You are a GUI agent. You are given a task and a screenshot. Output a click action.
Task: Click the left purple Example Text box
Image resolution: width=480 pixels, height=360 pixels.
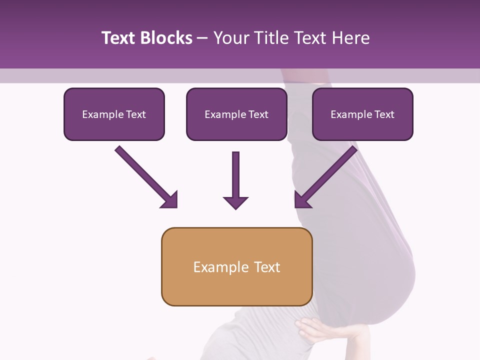point(114,114)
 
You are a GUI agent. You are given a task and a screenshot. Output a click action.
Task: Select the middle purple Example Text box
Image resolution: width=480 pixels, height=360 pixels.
point(236,114)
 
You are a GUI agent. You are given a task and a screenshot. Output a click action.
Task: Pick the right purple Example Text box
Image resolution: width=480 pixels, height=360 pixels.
point(362,114)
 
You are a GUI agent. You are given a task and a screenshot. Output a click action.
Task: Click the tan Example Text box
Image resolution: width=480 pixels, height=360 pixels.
point(236,267)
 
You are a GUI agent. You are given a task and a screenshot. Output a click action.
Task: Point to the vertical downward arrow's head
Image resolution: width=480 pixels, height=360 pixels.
point(235,202)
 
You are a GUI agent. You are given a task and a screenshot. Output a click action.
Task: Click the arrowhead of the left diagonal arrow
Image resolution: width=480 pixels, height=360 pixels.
point(170,200)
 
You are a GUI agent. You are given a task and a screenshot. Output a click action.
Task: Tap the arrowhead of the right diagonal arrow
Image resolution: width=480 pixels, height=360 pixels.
point(302,200)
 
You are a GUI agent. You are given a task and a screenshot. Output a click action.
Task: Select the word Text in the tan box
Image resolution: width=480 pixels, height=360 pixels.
point(266,267)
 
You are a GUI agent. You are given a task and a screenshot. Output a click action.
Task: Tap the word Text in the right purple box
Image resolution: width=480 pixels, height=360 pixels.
point(384,114)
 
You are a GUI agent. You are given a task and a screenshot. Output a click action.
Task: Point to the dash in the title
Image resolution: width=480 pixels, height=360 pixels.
point(202,38)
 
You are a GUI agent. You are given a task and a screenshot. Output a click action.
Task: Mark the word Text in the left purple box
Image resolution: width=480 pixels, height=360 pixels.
point(136,114)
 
